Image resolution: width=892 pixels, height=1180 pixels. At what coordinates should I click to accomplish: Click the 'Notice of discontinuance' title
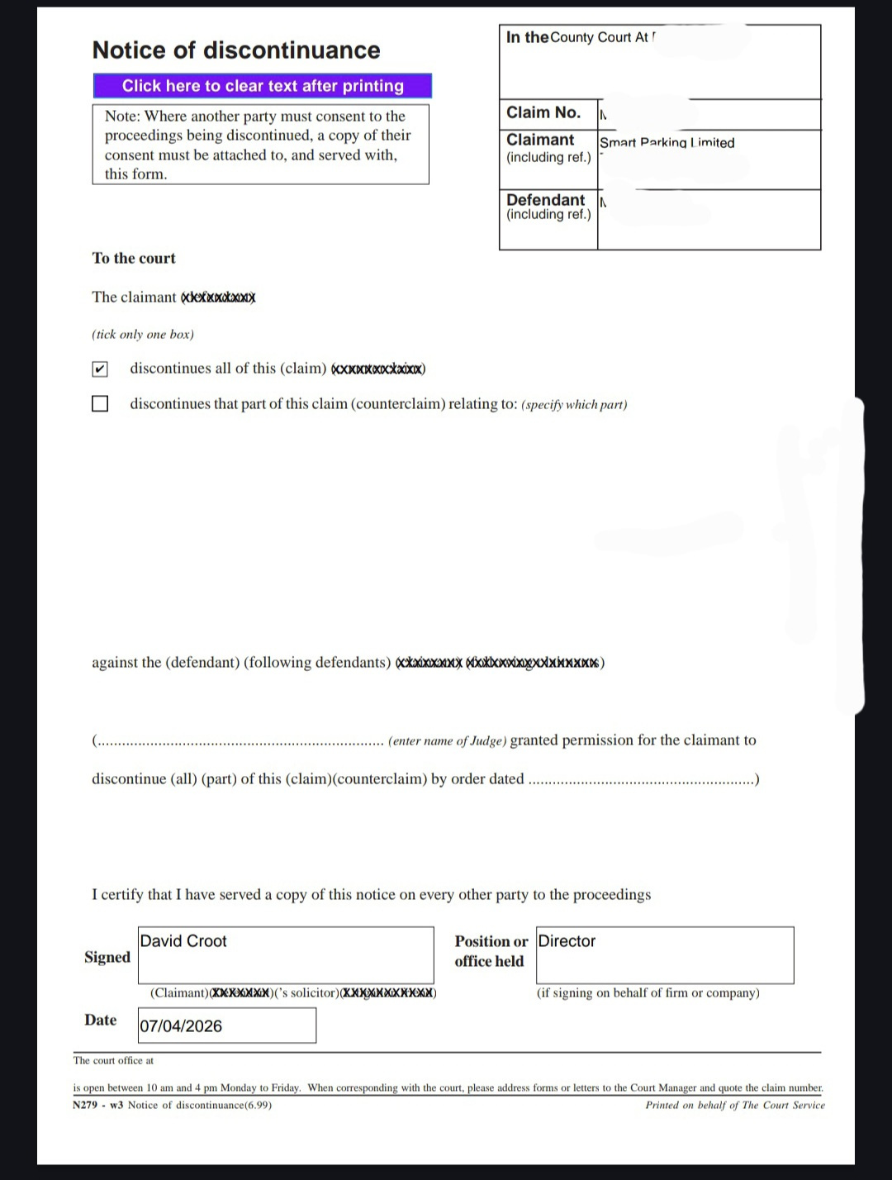[x=236, y=50]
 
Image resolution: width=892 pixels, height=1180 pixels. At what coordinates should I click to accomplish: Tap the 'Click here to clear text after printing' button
[x=263, y=86]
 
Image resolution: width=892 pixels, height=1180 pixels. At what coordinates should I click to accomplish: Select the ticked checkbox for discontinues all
[x=100, y=369]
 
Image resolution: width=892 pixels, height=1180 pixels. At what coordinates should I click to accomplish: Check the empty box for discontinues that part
[x=100, y=404]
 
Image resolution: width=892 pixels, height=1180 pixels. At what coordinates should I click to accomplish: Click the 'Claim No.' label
[x=543, y=113]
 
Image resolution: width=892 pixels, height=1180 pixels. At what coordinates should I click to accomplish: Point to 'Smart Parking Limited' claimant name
[x=667, y=142]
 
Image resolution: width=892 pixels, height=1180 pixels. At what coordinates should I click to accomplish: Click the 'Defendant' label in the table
[x=545, y=200]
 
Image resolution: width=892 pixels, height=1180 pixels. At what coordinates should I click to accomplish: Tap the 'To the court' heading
[x=134, y=258]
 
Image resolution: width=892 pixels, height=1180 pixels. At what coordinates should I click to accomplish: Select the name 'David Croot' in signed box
[x=183, y=941]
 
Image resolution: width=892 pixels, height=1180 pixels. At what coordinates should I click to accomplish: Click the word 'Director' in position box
[x=567, y=941]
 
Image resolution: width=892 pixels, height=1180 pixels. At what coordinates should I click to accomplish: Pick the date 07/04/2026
[x=181, y=1026]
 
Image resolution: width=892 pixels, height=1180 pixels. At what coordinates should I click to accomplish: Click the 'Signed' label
[x=107, y=957]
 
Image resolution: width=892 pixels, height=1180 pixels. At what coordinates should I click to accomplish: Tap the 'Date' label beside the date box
[x=100, y=1021]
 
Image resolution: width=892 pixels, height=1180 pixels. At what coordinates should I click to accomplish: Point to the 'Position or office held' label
[x=491, y=951]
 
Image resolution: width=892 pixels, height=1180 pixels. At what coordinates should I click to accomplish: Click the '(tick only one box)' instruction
[x=143, y=335]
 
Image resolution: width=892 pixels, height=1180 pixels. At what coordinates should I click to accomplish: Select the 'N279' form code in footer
[x=85, y=1105]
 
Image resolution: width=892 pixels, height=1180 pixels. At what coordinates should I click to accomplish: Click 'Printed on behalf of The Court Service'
[x=735, y=1105]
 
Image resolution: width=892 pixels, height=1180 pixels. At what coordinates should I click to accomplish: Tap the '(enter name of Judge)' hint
[x=447, y=741]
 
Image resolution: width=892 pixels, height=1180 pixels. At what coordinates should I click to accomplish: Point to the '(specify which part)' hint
[x=574, y=405]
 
